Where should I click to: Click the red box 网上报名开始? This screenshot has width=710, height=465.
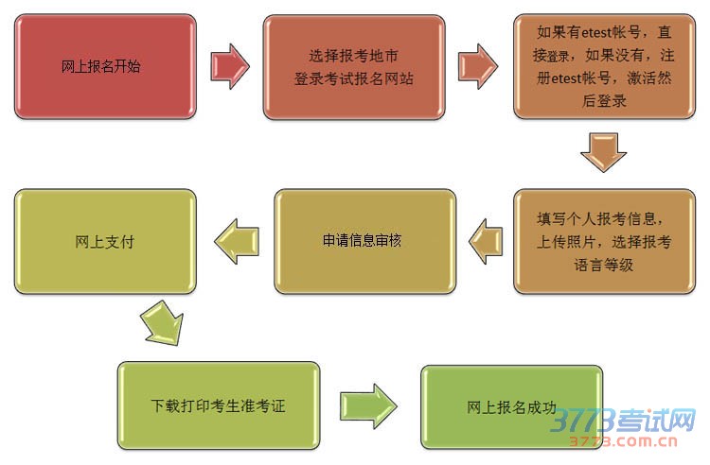coord(101,66)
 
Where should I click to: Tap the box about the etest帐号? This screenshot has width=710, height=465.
coord(605,66)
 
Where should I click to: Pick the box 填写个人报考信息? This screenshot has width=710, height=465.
coord(605,242)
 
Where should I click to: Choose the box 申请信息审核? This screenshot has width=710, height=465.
coord(364,241)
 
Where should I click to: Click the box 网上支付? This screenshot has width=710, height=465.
coord(104,241)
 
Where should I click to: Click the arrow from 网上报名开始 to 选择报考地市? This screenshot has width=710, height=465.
coord(230,65)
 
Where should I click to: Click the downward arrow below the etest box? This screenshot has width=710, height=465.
coord(604,152)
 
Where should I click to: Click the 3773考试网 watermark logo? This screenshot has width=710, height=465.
coord(625,419)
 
